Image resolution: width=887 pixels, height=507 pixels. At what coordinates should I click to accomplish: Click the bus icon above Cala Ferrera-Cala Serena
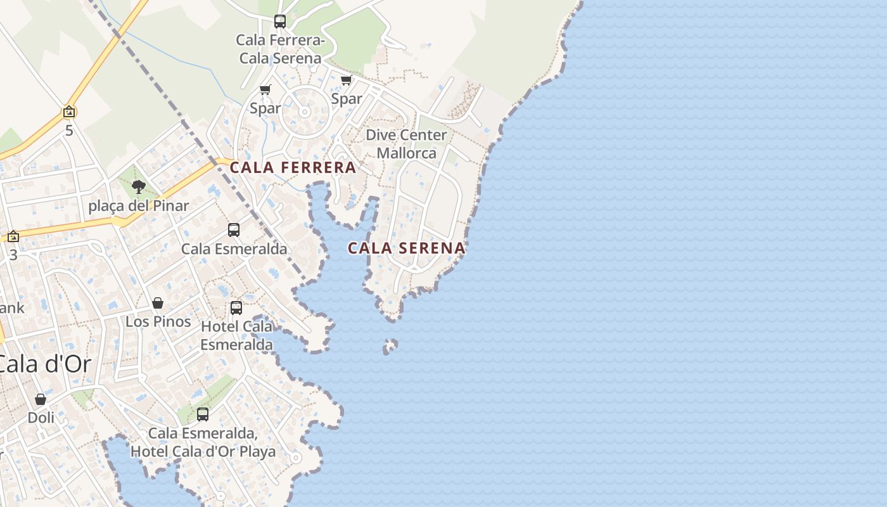click(x=280, y=22)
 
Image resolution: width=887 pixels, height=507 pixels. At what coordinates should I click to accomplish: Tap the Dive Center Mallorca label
click(x=406, y=144)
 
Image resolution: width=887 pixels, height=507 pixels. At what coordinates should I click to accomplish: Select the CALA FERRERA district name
click(x=293, y=168)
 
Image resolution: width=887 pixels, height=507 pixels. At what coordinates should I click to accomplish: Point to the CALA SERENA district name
click(x=406, y=248)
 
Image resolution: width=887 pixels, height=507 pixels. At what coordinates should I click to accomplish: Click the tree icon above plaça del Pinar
click(x=139, y=187)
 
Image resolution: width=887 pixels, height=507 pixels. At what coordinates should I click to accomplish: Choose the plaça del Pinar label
click(x=139, y=206)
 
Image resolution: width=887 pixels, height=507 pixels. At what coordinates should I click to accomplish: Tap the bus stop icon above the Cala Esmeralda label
click(x=234, y=230)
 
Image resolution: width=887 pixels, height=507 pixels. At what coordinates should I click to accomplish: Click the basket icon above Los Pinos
click(x=158, y=304)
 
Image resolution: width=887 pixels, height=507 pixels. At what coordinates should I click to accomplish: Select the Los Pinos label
click(x=158, y=321)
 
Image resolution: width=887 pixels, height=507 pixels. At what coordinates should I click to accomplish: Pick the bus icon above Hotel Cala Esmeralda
click(x=236, y=308)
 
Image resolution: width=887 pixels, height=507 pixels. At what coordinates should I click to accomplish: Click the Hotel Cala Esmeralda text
click(x=236, y=335)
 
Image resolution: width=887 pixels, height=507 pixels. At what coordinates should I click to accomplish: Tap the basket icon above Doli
click(x=41, y=400)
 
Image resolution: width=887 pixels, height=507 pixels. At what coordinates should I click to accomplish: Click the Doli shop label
click(x=41, y=418)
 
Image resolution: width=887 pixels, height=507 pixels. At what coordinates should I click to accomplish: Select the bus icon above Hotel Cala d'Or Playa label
click(x=203, y=414)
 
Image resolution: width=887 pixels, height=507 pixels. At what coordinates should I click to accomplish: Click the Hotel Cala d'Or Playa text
click(x=203, y=451)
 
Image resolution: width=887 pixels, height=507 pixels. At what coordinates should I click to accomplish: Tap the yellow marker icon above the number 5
click(x=69, y=113)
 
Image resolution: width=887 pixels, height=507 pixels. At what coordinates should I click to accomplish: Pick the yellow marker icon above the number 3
click(x=13, y=237)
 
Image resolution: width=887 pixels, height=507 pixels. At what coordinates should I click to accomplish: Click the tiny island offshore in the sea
click(x=390, y=346)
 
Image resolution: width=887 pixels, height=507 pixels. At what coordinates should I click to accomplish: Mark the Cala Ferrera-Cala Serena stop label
click(x=280, y=49)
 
